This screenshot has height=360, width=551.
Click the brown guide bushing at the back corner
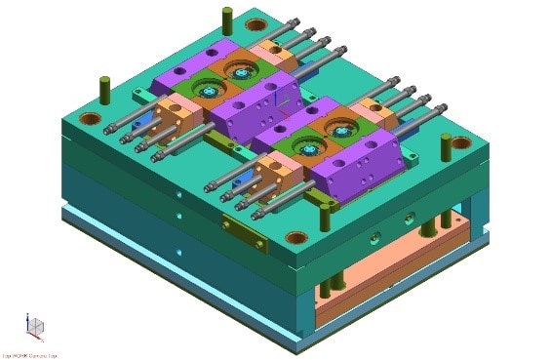[x=256, y=24]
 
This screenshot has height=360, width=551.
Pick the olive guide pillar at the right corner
[x=446, y=146]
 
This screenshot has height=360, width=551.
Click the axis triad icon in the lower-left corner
[x=34, y=327]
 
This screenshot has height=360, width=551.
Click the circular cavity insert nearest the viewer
[x=308, y=148]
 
